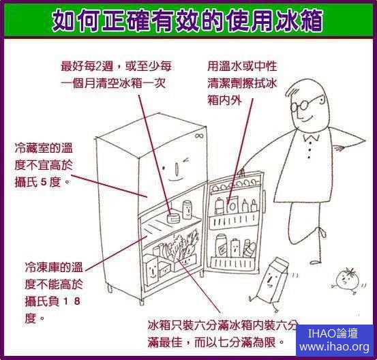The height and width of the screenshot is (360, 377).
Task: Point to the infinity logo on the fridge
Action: (x=199, y=136)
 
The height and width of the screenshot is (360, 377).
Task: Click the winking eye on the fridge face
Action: (x=186, y=160)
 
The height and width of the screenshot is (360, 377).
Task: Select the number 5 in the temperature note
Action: (x=44, y=182)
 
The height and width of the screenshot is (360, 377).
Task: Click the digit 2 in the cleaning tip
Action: (x=99, y=66)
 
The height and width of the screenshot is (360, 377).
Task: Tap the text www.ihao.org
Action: (x=335, y=347)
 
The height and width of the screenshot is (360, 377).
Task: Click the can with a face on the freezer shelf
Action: (x=187, y=210)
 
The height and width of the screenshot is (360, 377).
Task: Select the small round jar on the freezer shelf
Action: (x=173, y=218)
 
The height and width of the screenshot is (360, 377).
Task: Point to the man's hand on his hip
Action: (x=340, y=147)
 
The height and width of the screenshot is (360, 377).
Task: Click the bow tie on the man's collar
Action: (x=311, y=138)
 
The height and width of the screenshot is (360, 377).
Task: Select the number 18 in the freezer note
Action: (x=72, y=301)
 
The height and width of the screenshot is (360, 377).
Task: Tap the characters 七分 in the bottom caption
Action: (x=228, y=342)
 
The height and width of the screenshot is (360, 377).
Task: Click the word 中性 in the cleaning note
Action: (x=266, y=66)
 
